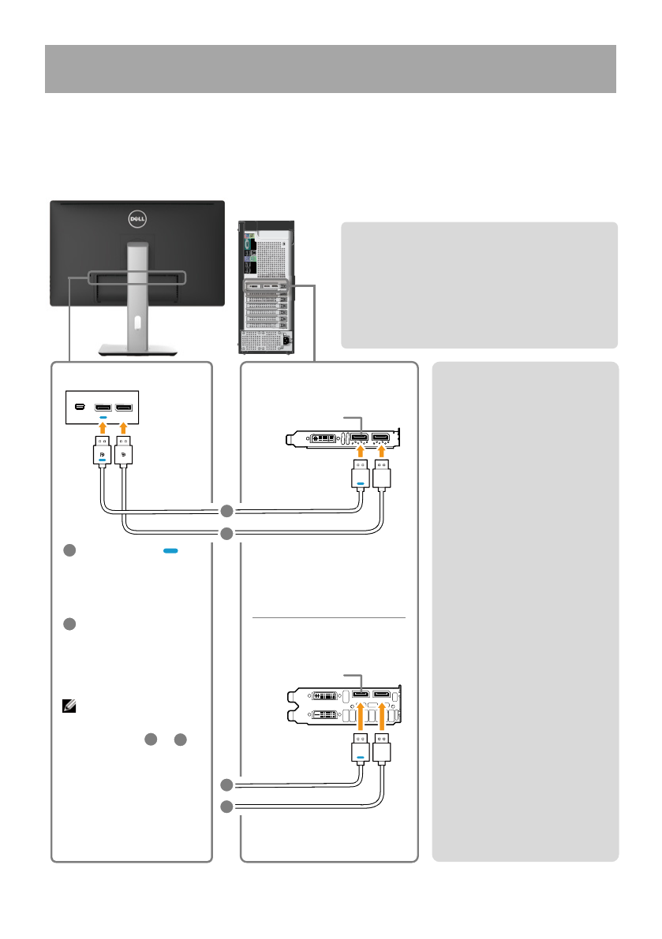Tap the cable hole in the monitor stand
pyautogui.click(x=137, y=322)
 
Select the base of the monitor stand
pyautogui.click(x=137, y=349)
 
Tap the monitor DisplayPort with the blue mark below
pyautogui.click(x=103, y=408)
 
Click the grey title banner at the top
pyautogui.click(x=330, y=69)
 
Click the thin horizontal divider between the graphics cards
pyautogui.click(x=328, y=619)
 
